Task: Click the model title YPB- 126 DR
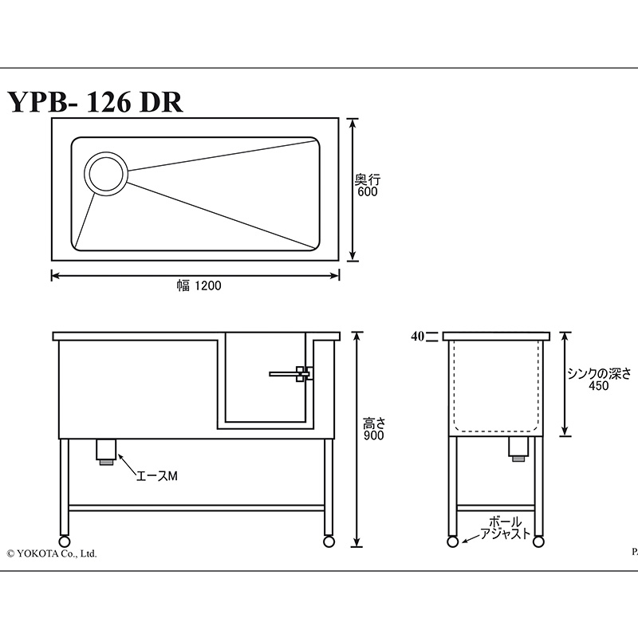point(95,102)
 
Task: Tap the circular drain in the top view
point(106,173)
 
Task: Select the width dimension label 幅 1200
point(199,286)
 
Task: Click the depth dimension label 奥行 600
point(368,186)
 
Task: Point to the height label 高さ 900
point(373,429)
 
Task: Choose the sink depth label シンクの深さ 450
point(599,380)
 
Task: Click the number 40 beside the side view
point(417,337)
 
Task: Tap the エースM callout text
point(156,475)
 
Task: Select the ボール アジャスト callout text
point(506,528)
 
